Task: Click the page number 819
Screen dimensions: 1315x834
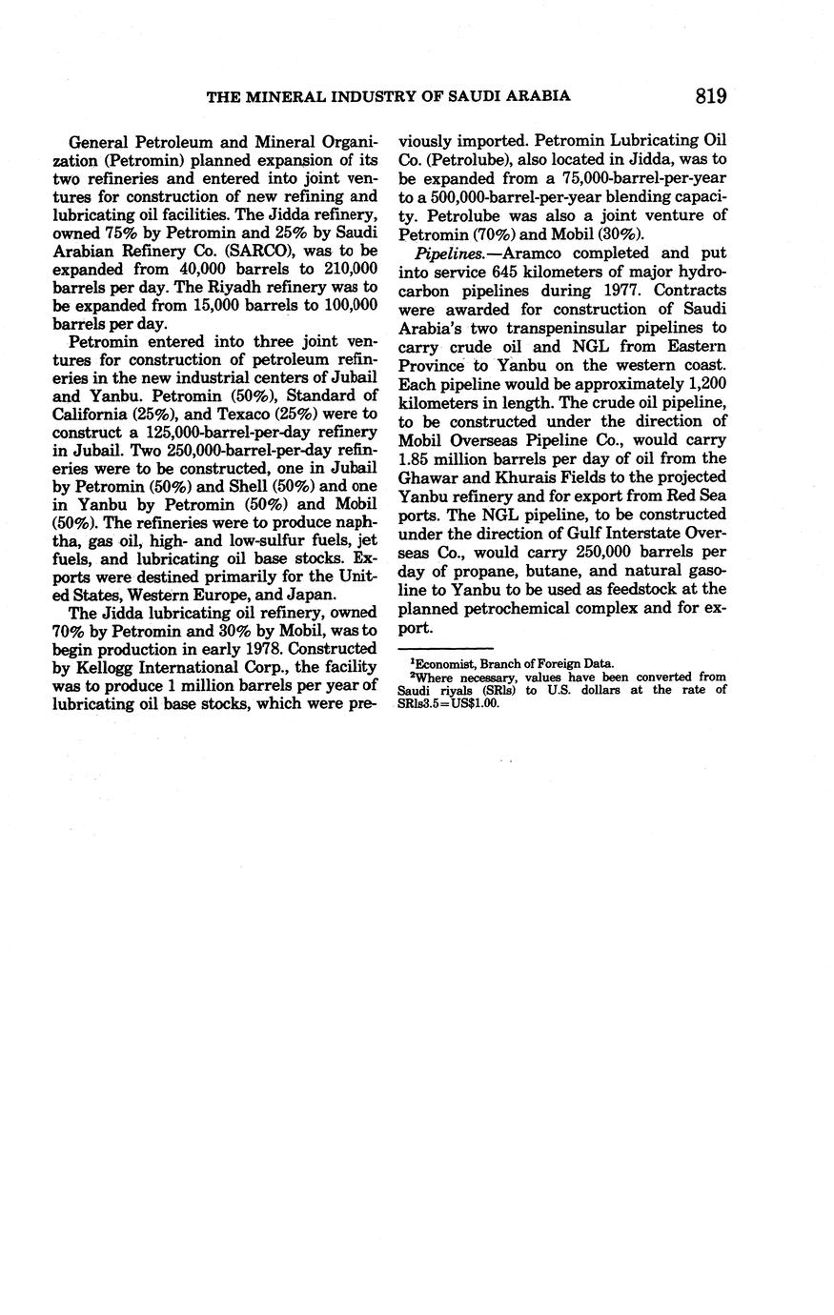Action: [711, 95]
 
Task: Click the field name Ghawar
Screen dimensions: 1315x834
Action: [428, 475]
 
